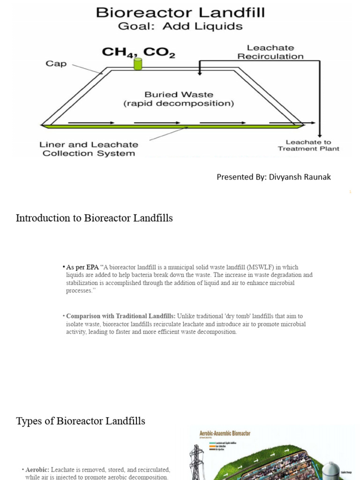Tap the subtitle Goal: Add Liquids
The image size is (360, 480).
point(180,26)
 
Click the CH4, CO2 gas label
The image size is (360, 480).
point(139,52)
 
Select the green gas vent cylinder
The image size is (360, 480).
point(138,64)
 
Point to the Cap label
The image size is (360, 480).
point(56,63)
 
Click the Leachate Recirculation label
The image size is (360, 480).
point(270,52)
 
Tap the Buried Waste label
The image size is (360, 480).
point(179,99)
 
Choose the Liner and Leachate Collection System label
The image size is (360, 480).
point(89,149)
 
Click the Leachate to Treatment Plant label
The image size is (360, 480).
point(308,145)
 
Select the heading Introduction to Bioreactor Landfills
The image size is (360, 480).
point(94,218)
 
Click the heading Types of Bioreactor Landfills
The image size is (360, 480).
point(81,421)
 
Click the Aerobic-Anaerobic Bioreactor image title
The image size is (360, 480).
point(225,434)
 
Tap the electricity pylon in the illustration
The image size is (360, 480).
point(195,462)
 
